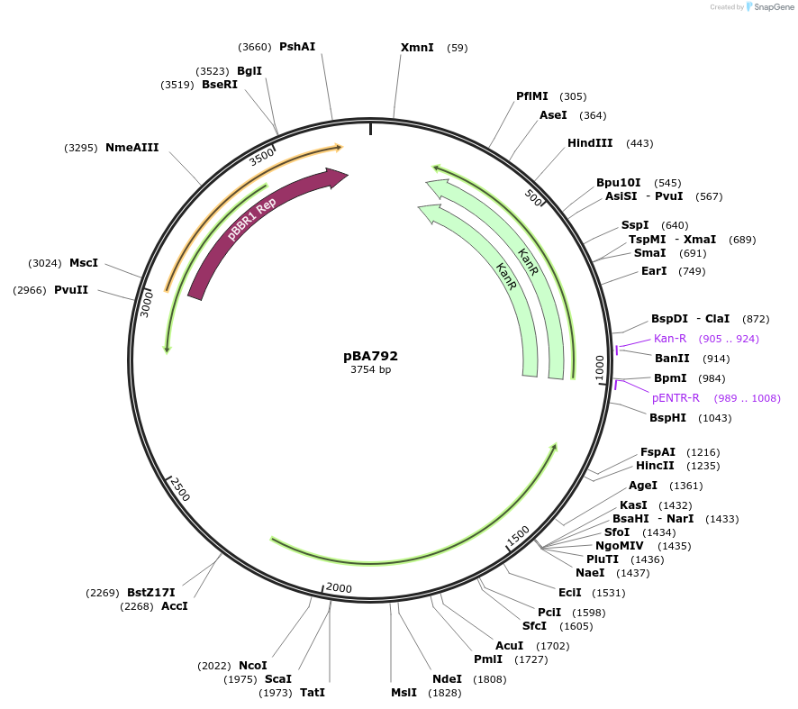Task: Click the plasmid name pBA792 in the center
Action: click(370, 356)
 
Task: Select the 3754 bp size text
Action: click(370, 369)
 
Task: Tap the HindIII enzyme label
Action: click(590, 143)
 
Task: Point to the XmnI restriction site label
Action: click(417, 48)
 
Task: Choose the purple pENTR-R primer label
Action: click(676, 398)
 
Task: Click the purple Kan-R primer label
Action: click(670, 339)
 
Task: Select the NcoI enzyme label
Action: click(252, 666)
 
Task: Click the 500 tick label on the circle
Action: click(533, 197)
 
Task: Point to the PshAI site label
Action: click(297, 47)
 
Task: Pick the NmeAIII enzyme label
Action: click(131, 148)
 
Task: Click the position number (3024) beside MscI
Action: click(45, 263)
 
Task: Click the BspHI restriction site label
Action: click(667, 418)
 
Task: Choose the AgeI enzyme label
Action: click(643, 486)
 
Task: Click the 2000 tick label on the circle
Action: click(339, 588)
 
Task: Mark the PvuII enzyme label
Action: click(71, 290)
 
